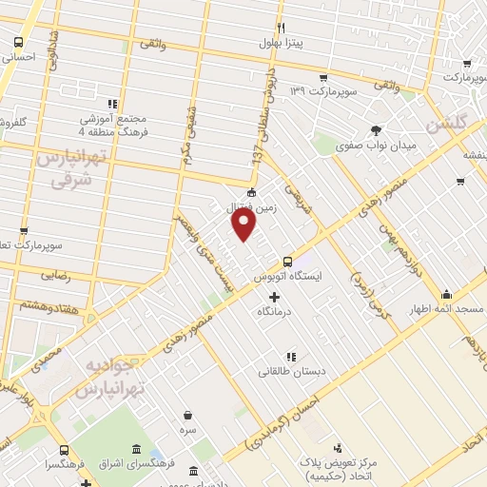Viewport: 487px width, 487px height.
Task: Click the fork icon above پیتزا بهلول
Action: coord(280,28)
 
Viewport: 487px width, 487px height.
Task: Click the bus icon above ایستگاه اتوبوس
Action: coord(287,262)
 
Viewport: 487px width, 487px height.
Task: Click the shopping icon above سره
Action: coord(188,416)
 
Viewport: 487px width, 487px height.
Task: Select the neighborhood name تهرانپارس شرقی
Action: coord(66,168)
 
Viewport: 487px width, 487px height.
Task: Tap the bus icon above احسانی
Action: coord(18,42)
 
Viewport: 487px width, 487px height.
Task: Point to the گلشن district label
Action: coord(446,125)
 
